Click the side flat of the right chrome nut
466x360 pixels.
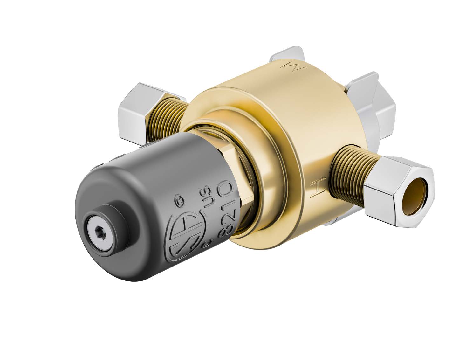pos(380,204)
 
